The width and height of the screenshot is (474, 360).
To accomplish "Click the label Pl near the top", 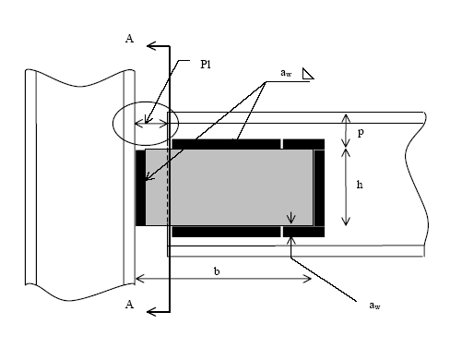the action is click(x=206, y=65).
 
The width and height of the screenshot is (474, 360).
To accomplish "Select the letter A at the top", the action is click(x=130, y=39).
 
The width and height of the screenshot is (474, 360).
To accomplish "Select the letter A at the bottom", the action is click(x=130, y=305).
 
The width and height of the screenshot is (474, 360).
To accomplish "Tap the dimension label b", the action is click(x=217, y=271).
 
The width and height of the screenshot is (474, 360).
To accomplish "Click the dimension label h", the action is click(x=360, y=185).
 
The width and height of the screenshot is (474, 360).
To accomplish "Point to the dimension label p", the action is click(x=361, y=133).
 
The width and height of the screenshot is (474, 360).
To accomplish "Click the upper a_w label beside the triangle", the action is click(x=286, y=73).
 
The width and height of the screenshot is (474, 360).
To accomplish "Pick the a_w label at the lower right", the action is click(x=374, y=306).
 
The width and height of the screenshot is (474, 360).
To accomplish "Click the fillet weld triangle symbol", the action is click(x=308, y=74).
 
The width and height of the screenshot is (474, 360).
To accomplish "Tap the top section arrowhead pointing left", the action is click(x=151, y=46).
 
